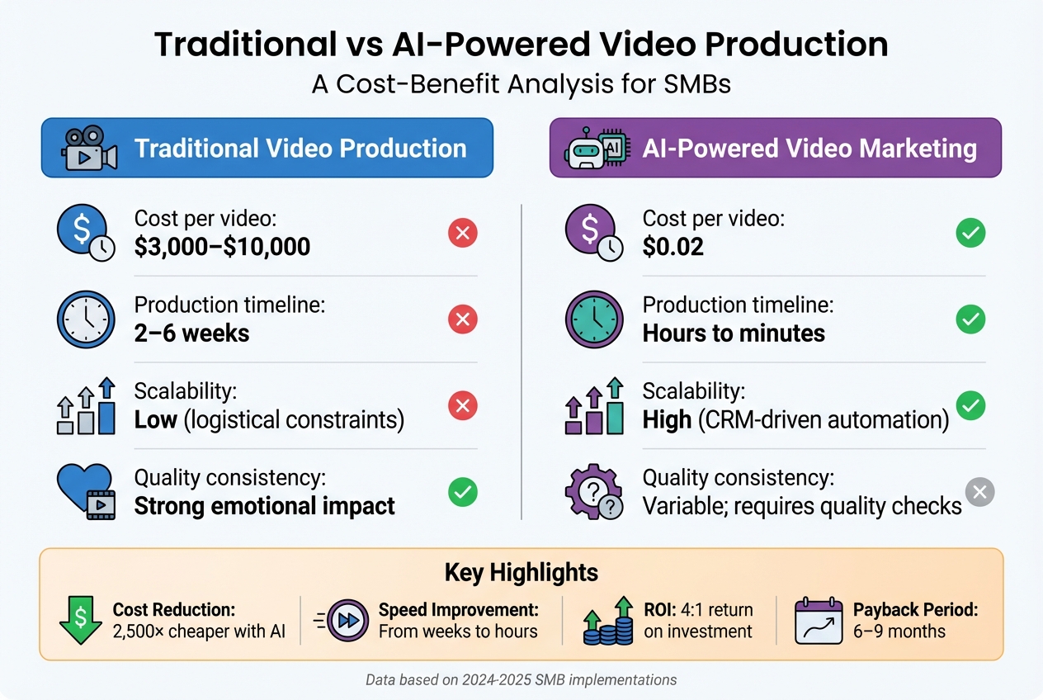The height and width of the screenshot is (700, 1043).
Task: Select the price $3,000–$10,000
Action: pos(222,246)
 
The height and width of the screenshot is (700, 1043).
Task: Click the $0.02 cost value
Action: pos(673,246)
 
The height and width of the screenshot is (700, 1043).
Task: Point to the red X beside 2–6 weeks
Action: pos(462,319)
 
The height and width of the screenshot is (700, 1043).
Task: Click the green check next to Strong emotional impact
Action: pos(462,493)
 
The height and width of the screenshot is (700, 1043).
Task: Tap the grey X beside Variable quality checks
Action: pos(979,493)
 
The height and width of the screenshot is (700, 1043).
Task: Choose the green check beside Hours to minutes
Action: pos(970,319)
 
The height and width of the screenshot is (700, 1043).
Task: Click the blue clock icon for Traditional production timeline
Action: pos(85,320)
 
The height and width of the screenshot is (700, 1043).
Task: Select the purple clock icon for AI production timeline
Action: pos(593,320)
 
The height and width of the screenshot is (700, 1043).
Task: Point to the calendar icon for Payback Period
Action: pos(818,621)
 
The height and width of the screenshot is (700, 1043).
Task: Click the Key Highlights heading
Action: pos(521,572)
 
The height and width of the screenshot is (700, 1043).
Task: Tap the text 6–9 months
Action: pos(899,632)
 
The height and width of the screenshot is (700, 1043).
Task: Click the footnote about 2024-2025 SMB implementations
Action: pos(521,680)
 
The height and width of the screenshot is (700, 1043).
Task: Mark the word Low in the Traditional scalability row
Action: pos(156,419)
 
